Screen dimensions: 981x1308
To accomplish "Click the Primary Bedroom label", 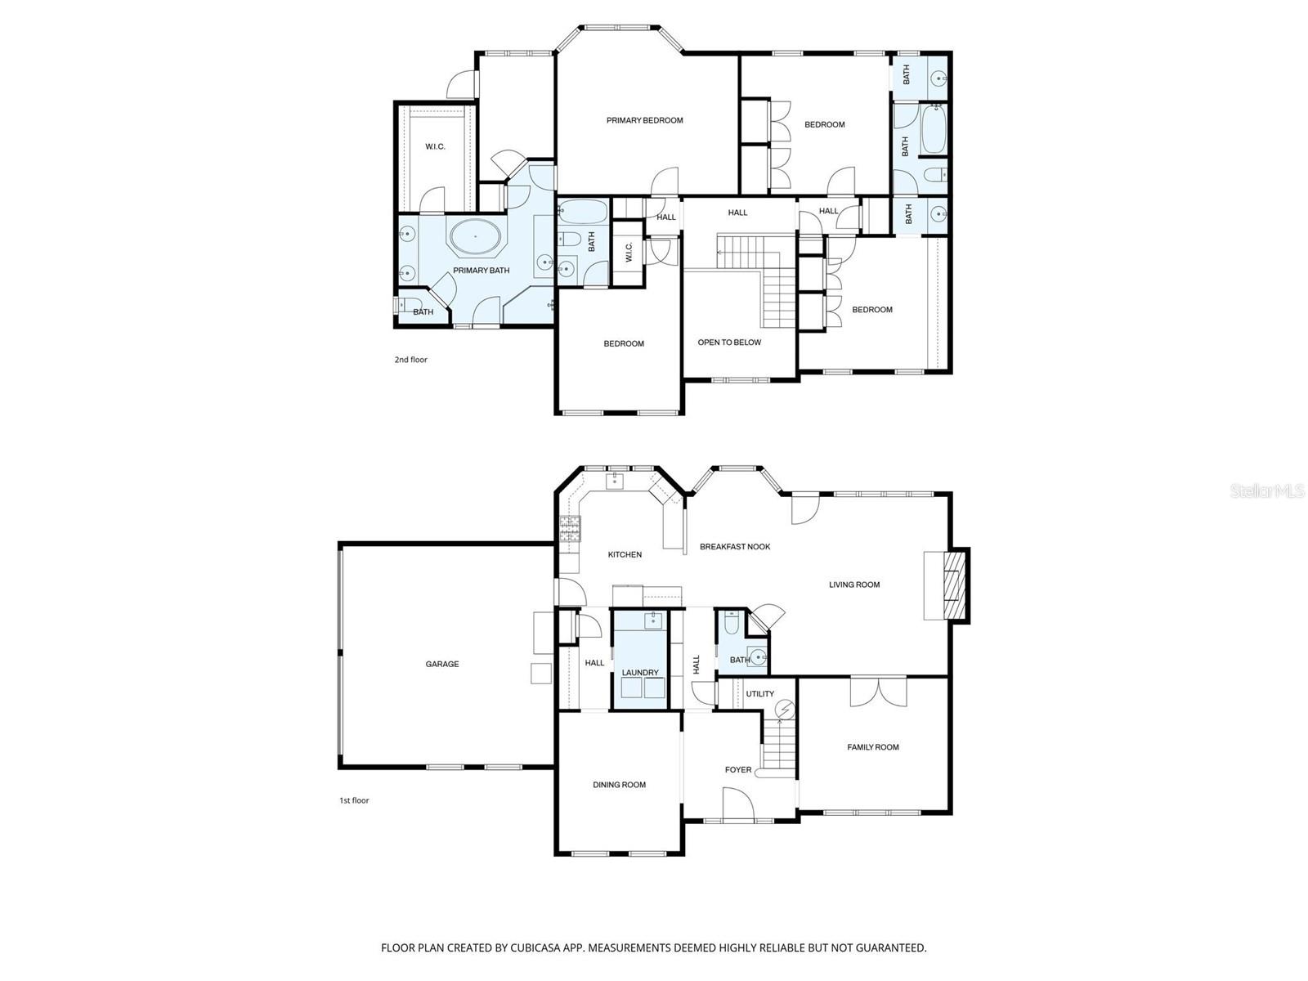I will coord(644,120).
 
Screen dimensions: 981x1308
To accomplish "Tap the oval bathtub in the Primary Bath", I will coord(475,236).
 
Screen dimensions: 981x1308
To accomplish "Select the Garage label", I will coord(441,664).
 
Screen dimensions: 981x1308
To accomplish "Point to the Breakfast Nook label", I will coord(735,546).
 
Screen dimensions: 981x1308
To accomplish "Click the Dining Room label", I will coord(619,785).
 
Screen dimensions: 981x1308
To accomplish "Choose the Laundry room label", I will coord(639,673).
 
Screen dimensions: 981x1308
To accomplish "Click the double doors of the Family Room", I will coord(878,692).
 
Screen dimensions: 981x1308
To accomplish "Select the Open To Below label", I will coord(729,343).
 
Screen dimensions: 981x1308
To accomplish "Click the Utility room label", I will coord(759,694).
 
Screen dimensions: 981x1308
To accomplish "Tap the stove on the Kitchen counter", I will coord(569,530).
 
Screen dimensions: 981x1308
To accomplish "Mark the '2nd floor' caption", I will coord(410,360).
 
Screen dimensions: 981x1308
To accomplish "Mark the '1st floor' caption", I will coord(354,800).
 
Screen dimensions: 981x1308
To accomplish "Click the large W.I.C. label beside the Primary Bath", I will coord(435,147).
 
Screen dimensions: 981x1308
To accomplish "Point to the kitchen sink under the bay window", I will coord(615,480).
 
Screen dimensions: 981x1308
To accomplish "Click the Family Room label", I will coord(872,747).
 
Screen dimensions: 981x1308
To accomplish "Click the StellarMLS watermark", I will coord(1267,491).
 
